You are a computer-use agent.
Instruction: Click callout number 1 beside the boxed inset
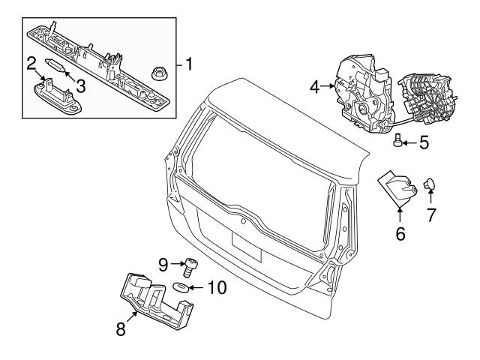point(189,65)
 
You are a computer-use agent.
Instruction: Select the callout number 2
point(31,63)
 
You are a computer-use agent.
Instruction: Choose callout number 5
point(424,141)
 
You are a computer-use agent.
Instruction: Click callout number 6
point(400,234)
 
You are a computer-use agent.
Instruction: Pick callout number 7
point(431,216)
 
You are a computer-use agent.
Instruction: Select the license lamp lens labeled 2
point(52,96)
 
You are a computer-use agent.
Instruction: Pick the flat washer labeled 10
point(180,287)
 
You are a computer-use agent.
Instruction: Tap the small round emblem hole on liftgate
point(243,222)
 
